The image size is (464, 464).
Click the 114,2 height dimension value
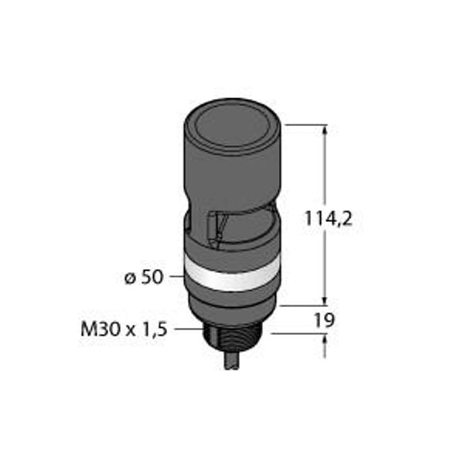329,219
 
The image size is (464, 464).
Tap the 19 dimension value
324,320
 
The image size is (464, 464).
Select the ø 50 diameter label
144,278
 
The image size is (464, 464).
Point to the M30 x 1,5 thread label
124,329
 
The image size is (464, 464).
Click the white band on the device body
231,277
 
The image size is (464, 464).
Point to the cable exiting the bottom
231,361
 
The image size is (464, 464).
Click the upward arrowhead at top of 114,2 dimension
326,130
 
